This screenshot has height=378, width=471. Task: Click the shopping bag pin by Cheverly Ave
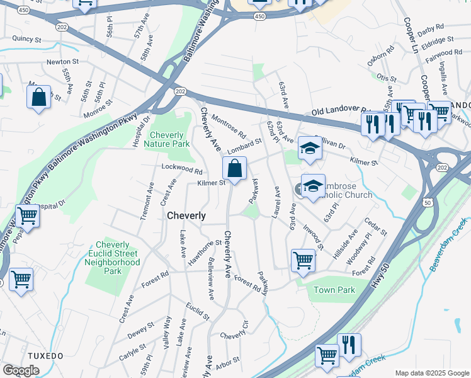pyautogui.click(x=234, y=169)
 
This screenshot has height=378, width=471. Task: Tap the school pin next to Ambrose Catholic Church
pyautogui.click(x=313, y=186)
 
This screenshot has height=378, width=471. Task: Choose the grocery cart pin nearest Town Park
pyautogui.click(x=303, y=260)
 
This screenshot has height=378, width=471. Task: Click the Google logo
pyautogui.click(x=21, y=370)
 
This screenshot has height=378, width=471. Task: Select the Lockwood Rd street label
pyautogui.click(x=181, y=170)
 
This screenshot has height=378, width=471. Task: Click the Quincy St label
pyautogui.click(x=26, y=39)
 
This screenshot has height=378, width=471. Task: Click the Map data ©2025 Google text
pyautogui.click(x=432, y=373)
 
